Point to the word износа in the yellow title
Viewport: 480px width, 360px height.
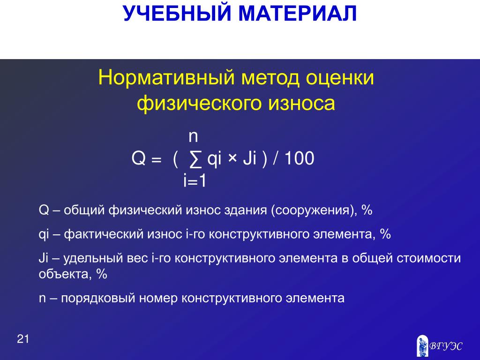[x=301, y=103]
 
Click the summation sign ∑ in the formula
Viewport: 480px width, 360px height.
[x=195, y=159]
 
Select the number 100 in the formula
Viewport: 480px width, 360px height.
[x=300, y=158]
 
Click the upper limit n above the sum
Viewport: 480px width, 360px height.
[x=193, y=136]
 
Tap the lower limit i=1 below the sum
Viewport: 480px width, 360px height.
[x=195, y=180]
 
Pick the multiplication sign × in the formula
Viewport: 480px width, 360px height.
[x=232, y=158]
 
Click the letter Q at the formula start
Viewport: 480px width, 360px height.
[x=138, y=158]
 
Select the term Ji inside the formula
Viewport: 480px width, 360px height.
[x=249, y=158]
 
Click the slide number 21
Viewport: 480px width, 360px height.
[x=23, y=339]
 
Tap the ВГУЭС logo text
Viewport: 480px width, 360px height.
[x=446, y=346]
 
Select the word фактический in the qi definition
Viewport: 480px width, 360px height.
[x=104, y=234]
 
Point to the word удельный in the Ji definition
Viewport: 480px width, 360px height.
[x=93, y=259]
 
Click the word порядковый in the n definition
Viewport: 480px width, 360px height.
[x=98, y=298]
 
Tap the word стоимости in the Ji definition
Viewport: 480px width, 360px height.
[x=429, y=258]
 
